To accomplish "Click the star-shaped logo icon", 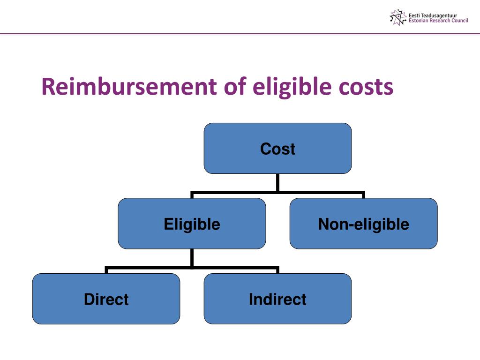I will pyautogui.click(x=397, y=17).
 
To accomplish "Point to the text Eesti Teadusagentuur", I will pyautogui.click(x=433, y=15).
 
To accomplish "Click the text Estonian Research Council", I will pyautogui.click(x=438, y=21).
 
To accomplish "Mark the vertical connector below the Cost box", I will pyautogui.click(x=277, y=182).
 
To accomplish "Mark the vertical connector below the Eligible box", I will pyautogui.click(x=192, y=258).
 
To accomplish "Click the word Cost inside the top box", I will pyautogui.click(x=277, y=149).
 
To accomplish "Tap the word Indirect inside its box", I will pyautogui.click(x=277, y=299).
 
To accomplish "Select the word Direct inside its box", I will pyautogui.click(x=106, y=299).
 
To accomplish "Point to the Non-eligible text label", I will pyautogui.click(x=363, y=224).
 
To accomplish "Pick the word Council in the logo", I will pyautogui.click(x=459, y=21).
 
